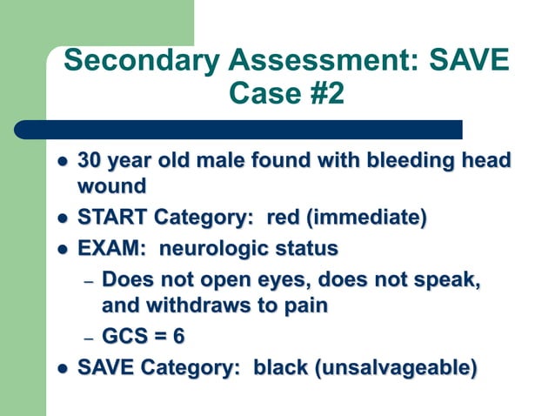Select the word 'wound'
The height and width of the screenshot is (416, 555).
pyautogui.click(x=111, y=186)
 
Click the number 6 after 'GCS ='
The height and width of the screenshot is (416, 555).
pyautogui.click(x=177, y=337)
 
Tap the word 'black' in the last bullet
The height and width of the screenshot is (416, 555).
pyautogui.click(x=281, y=368)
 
